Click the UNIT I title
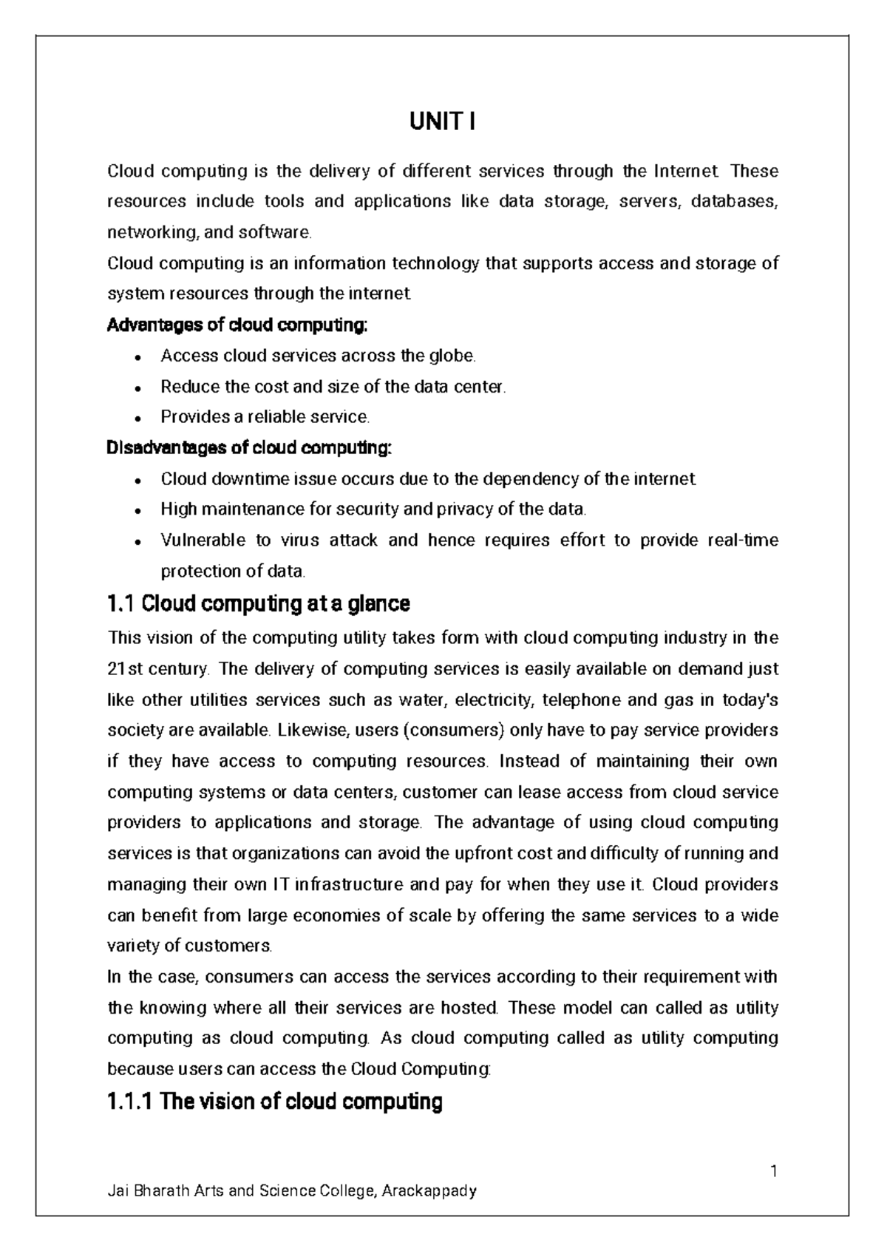[442, 121]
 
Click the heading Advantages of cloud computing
[237, 325]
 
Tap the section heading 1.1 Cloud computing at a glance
[259, 604]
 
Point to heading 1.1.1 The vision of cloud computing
[275, 1102]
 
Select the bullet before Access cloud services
[138, 357]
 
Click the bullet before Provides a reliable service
[138, 418]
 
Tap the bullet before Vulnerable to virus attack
[138, 542]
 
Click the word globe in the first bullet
[452, 356]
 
